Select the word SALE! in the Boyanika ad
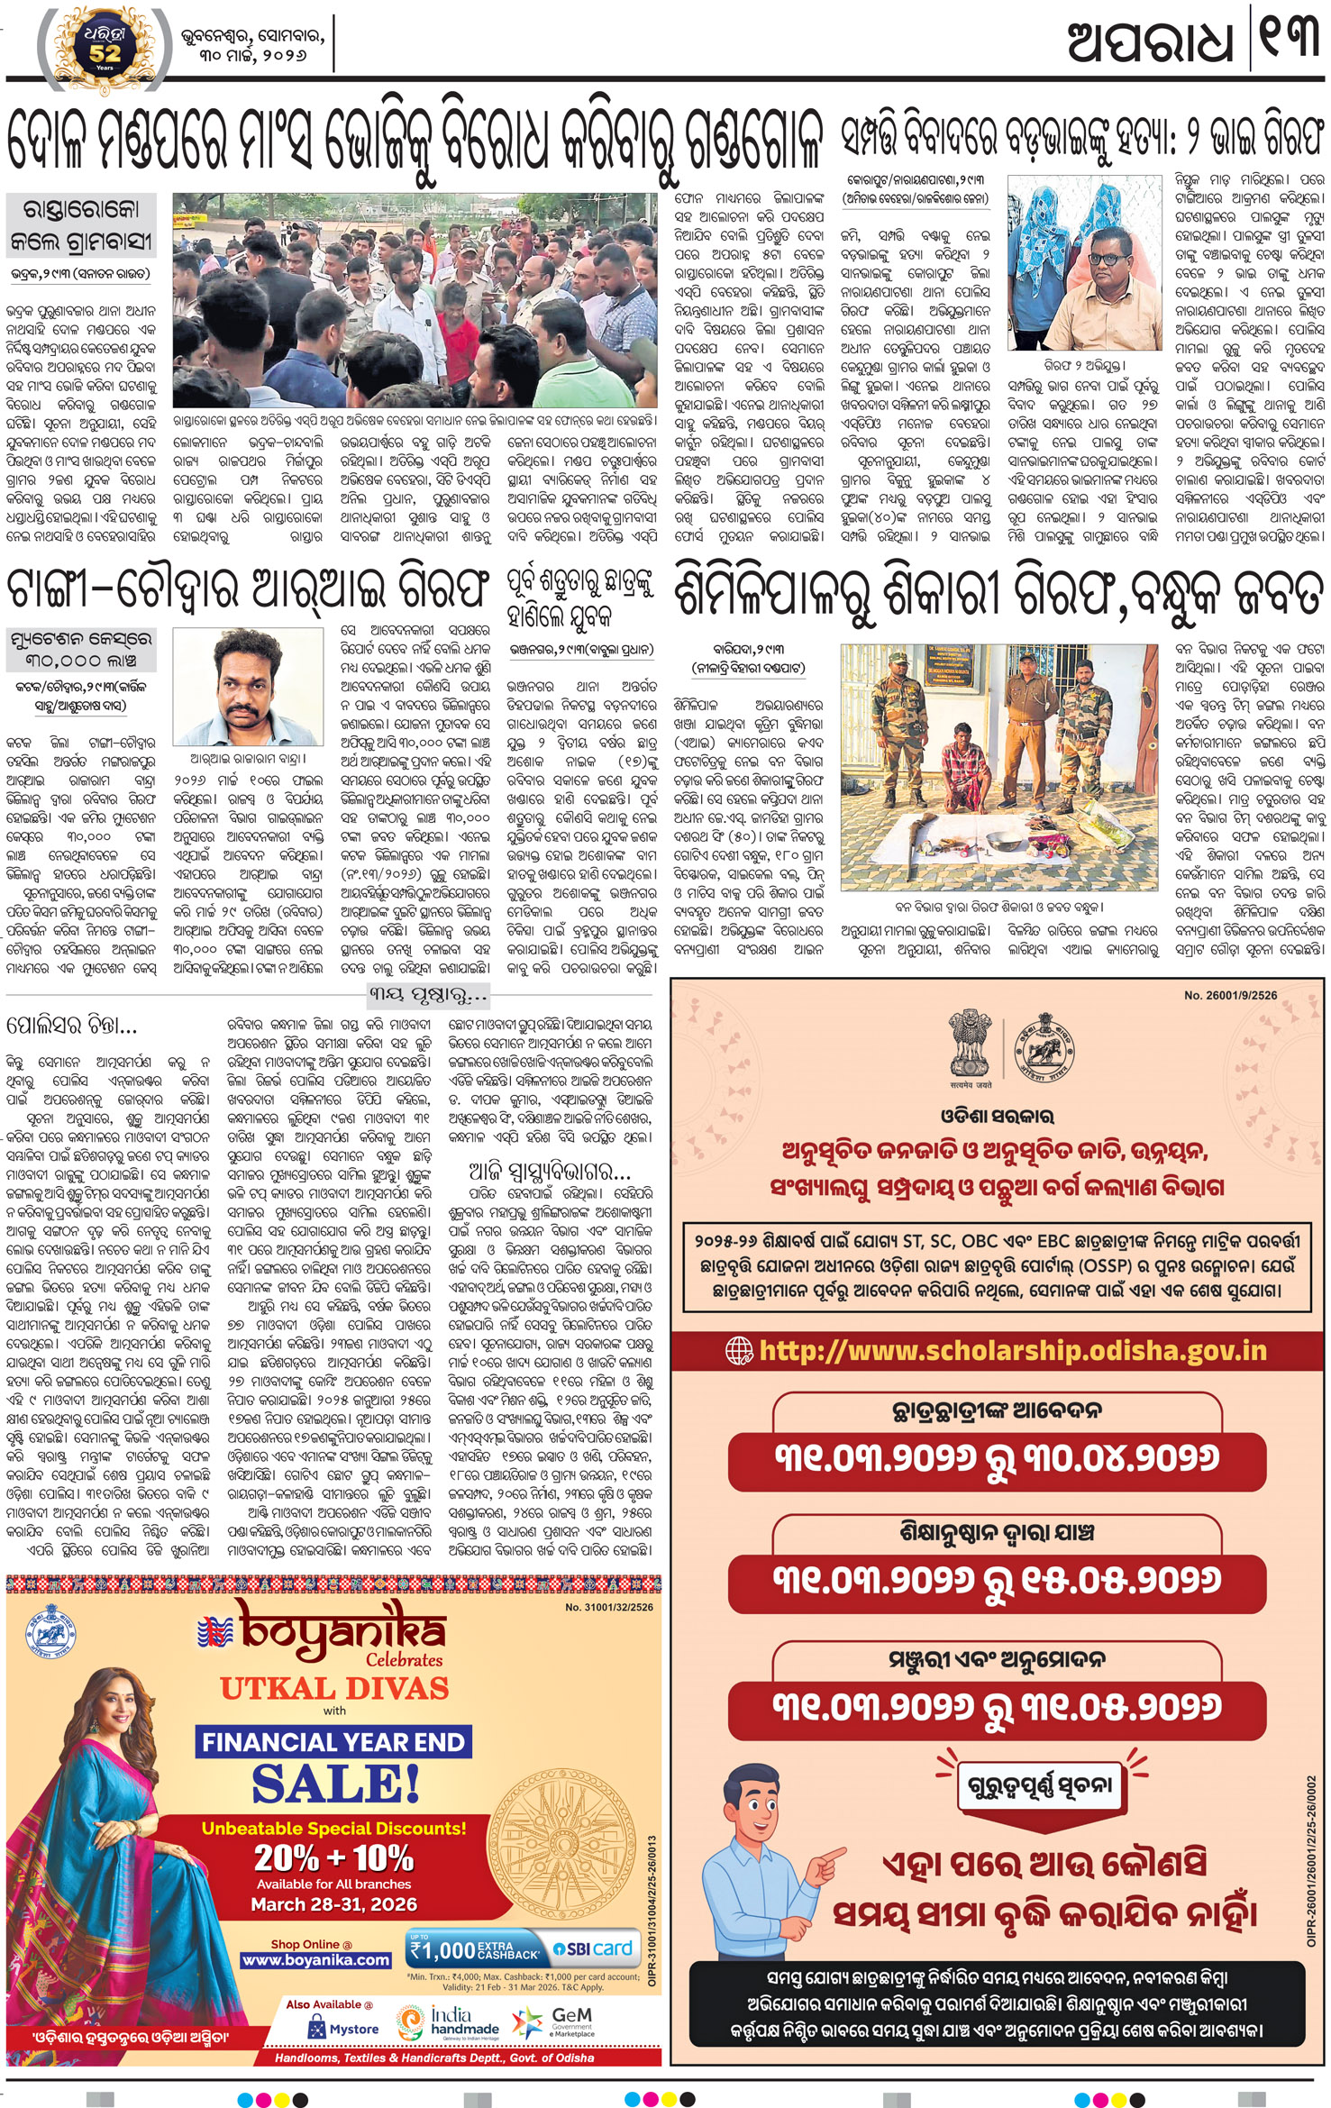click(x=335, y=1784)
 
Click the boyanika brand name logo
click(x=342, y=1630)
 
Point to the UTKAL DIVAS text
click(x=334, y=1687)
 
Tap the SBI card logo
click(x=592, y=1948)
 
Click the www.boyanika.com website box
click(x=315, y=1960)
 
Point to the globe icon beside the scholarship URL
click(x=739, y=1350)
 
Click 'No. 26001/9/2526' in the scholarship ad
click(x=1229, y=995)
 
